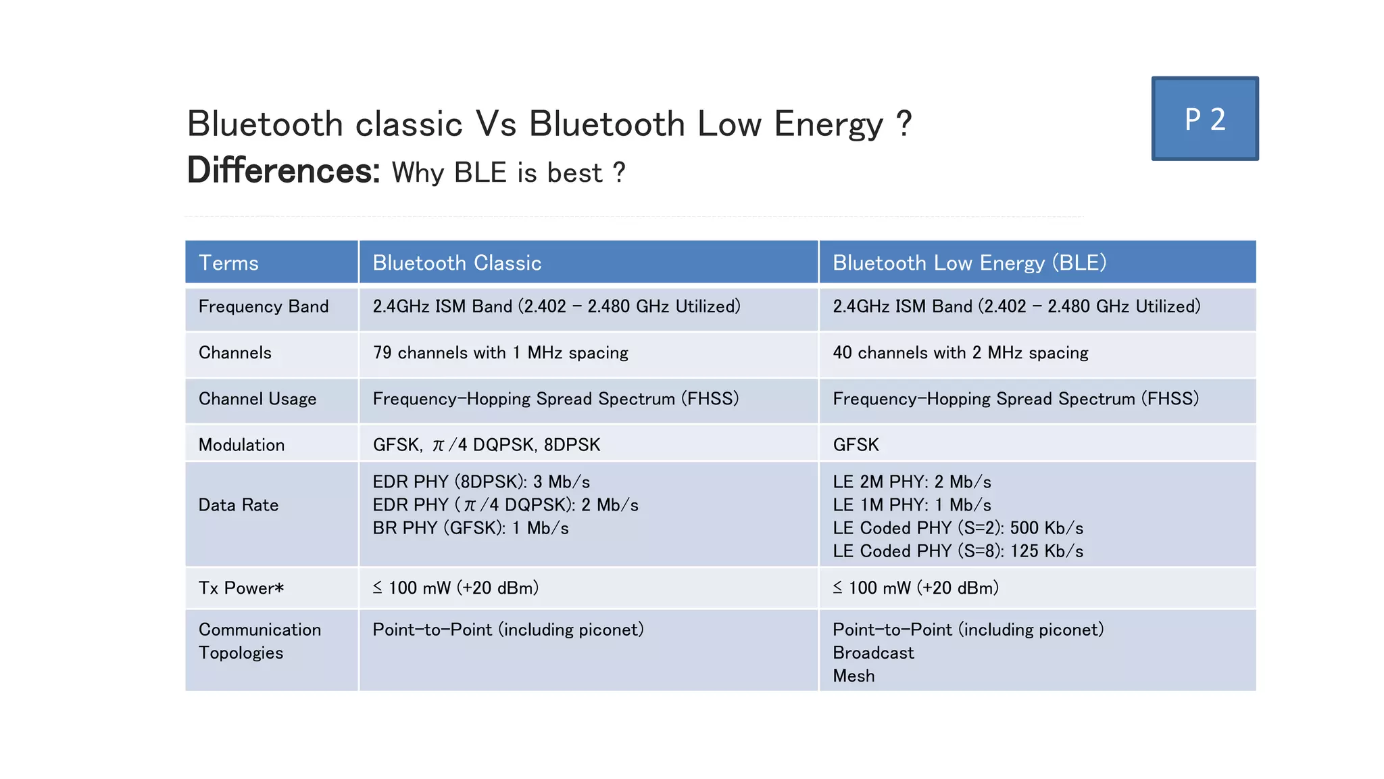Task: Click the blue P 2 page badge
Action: click(1205, 119)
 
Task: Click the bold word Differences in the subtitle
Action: click(284, 170)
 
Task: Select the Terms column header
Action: click(228, 263)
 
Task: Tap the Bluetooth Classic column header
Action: click(457, 263)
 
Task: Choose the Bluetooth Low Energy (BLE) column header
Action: click(969, 263)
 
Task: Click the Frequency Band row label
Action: click(264, 307)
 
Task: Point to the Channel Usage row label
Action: click(257, 399)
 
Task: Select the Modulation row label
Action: click(241, 445)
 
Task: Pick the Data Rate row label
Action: click(239, 505)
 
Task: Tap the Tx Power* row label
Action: click(241, 588)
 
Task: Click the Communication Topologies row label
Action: click(259, 641)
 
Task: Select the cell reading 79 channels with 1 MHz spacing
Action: click(500, 353)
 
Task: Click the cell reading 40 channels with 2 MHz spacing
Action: click(960, 353)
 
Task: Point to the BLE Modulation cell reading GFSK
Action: click(856, 445)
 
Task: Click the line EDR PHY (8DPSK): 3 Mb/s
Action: click(481, 482)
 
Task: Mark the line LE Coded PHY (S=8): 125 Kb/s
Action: click(958, 552)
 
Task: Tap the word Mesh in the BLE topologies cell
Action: click(854, 676)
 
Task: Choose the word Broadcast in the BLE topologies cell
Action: click(873, 653)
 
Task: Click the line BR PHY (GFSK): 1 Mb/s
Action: click(470, 528)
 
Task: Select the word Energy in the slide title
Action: click(829, 125)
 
